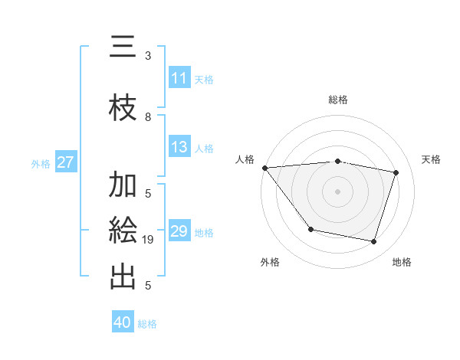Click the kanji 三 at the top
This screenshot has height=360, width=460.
[x=123, y=50]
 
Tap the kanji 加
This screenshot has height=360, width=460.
[x=123, y=185]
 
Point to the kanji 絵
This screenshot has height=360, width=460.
[x=123, y=230]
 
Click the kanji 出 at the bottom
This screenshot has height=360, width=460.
[x=123, y=277]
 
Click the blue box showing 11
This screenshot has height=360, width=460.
[x=179, y=78]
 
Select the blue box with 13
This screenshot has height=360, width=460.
[x=179, y=148]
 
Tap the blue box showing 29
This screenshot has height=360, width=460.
[x=179, y=232]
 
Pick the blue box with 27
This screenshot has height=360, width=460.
[x=65, y=162]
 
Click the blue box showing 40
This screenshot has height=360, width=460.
[x=123, y=322]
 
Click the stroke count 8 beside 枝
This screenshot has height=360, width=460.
[x=148, y=117]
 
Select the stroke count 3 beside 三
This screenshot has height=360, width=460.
[x=148, y=55]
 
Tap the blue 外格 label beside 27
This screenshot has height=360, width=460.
[x=41, y=163]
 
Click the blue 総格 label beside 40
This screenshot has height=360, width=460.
[x=147, y=323]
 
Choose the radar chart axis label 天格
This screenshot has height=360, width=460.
[x=432, y=159]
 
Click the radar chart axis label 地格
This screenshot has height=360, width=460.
[x=402, y=262]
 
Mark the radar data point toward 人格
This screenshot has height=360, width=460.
[x=264, y=168]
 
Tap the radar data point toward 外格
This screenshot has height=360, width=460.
[x=310, y=229]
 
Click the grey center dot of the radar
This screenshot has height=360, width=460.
[x=337, y=191]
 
